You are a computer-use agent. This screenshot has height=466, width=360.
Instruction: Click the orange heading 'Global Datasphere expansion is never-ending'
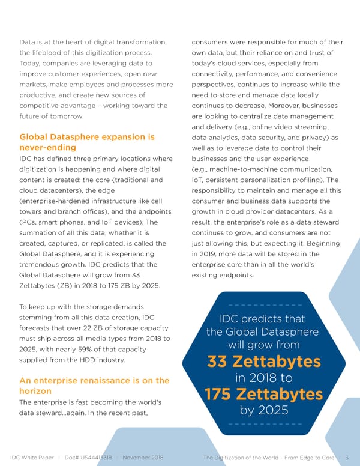tap(86, 142)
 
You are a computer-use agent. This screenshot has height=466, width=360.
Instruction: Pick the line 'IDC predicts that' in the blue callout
tap(263, 319)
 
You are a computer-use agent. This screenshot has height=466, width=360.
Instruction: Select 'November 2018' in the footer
tap(143, 458)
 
